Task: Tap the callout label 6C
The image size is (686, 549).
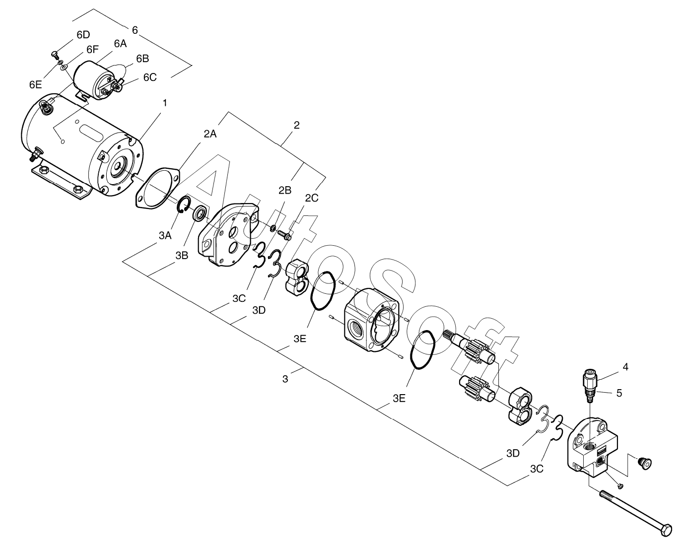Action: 149,77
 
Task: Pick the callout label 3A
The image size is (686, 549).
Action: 165,235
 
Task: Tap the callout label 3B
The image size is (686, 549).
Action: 181,255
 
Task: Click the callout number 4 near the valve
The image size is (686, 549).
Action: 625,367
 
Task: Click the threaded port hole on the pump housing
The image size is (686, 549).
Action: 357,328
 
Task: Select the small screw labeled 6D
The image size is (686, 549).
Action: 54,53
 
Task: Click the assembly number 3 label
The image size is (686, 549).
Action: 284,379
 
